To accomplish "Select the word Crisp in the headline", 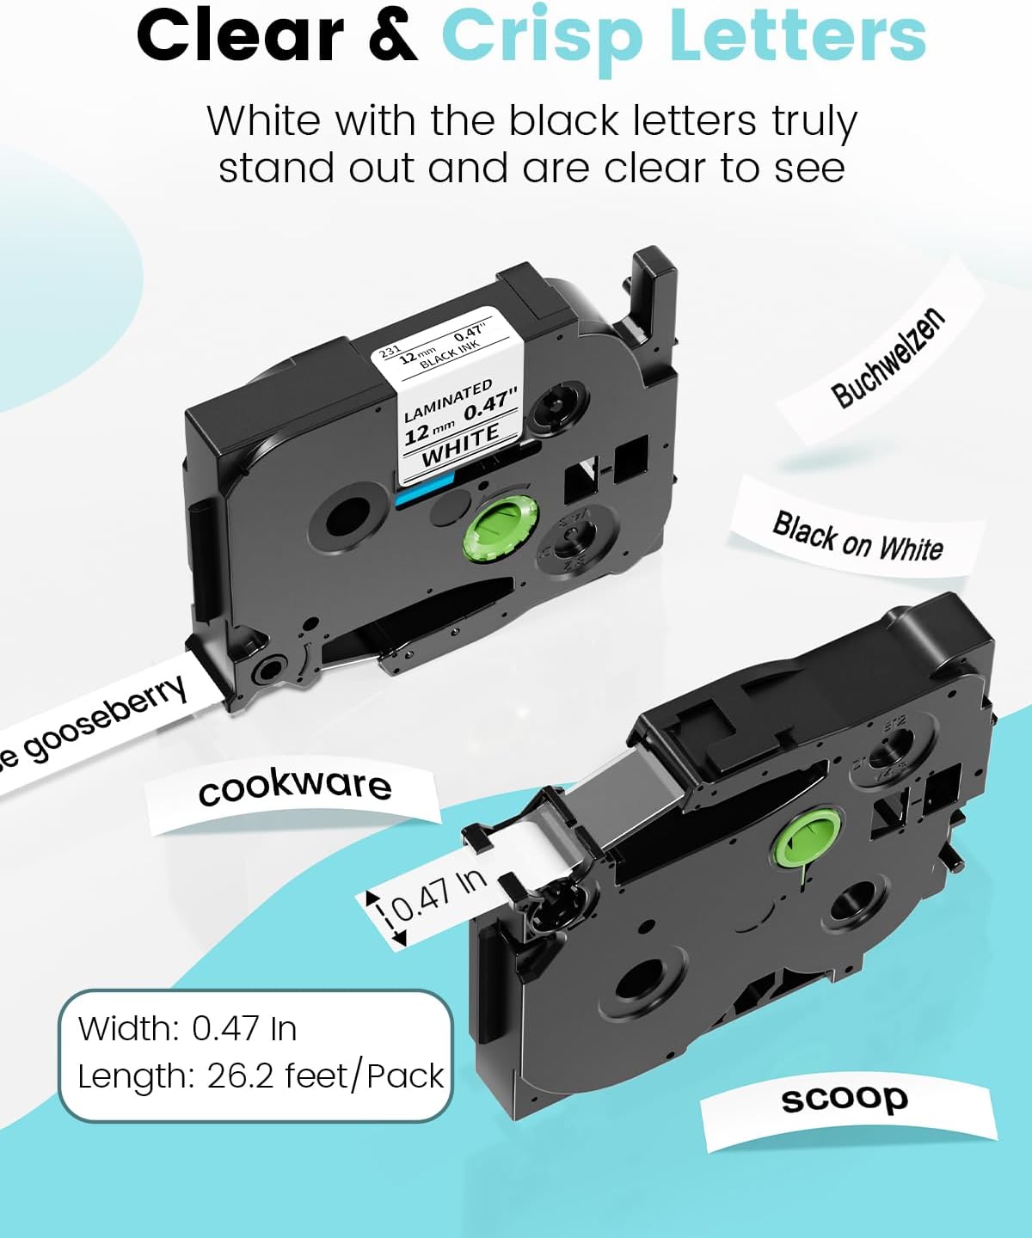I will point(542,36).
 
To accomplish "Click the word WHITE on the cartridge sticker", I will point(460,444).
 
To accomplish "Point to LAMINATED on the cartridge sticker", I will point(448,401).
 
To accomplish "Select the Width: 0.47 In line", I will point(187,1028).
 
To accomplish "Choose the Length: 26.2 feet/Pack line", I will point(261,1076).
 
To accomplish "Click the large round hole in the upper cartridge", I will point(346,515).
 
